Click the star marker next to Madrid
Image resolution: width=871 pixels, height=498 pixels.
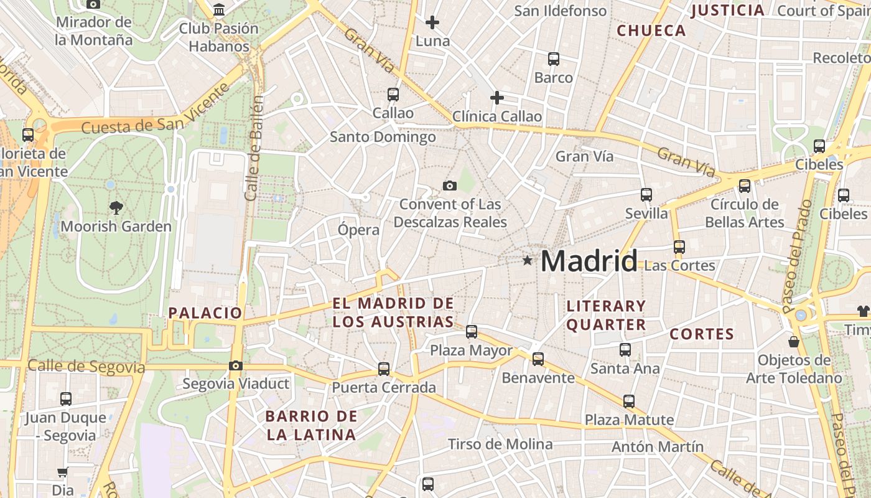pos(528,260)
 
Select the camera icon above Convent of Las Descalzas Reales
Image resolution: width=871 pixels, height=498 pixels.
pos(449,186)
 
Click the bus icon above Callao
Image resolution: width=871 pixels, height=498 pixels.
pos(393,95)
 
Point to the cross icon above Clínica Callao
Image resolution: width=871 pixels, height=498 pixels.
pos(496,98)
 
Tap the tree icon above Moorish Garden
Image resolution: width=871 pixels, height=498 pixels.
pos(116,207)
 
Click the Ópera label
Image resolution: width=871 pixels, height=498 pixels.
pos(358,230)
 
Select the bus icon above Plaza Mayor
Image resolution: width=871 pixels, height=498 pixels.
pos(472,331)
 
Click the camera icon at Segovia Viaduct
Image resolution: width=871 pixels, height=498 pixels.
pos(235,365)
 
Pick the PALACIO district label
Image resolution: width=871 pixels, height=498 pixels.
pos(205,312)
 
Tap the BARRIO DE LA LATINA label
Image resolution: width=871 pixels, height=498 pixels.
pos(311,425)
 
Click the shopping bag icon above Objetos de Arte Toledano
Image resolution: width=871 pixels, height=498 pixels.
pos(794,341)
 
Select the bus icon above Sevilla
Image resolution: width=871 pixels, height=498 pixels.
pos(646,194)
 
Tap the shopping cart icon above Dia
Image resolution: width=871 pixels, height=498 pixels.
pos(62,472)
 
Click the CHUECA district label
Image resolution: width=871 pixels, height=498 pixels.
pos(651,31)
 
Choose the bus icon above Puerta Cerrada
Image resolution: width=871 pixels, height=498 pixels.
pos(384,369)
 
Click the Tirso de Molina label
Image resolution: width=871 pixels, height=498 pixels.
pos(500,444)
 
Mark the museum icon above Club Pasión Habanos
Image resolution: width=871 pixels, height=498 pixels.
pos(219,10)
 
